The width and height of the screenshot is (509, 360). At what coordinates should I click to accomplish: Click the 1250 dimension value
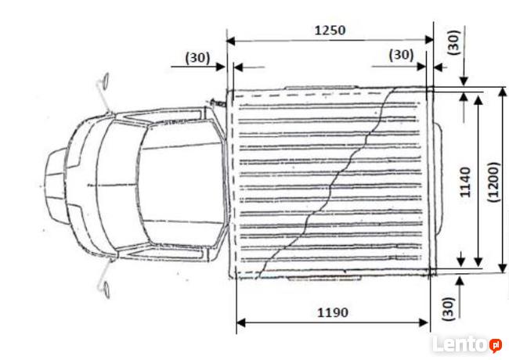point(330,31)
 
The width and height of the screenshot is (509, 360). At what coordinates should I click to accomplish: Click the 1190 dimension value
point(333,312)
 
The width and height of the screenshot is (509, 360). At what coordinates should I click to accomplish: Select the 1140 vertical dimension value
point(465,182)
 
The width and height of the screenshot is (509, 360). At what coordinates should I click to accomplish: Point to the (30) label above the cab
point(197,58)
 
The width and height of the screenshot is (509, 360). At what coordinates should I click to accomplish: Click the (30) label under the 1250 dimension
point(401,55)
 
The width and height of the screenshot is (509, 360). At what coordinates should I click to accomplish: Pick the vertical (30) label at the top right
point(454,42)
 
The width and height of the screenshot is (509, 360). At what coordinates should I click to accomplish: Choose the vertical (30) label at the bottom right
point(448,309)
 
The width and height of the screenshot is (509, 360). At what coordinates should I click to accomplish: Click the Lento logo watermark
point(467,344)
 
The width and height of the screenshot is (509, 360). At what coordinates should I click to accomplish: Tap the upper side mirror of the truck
point(106,80)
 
